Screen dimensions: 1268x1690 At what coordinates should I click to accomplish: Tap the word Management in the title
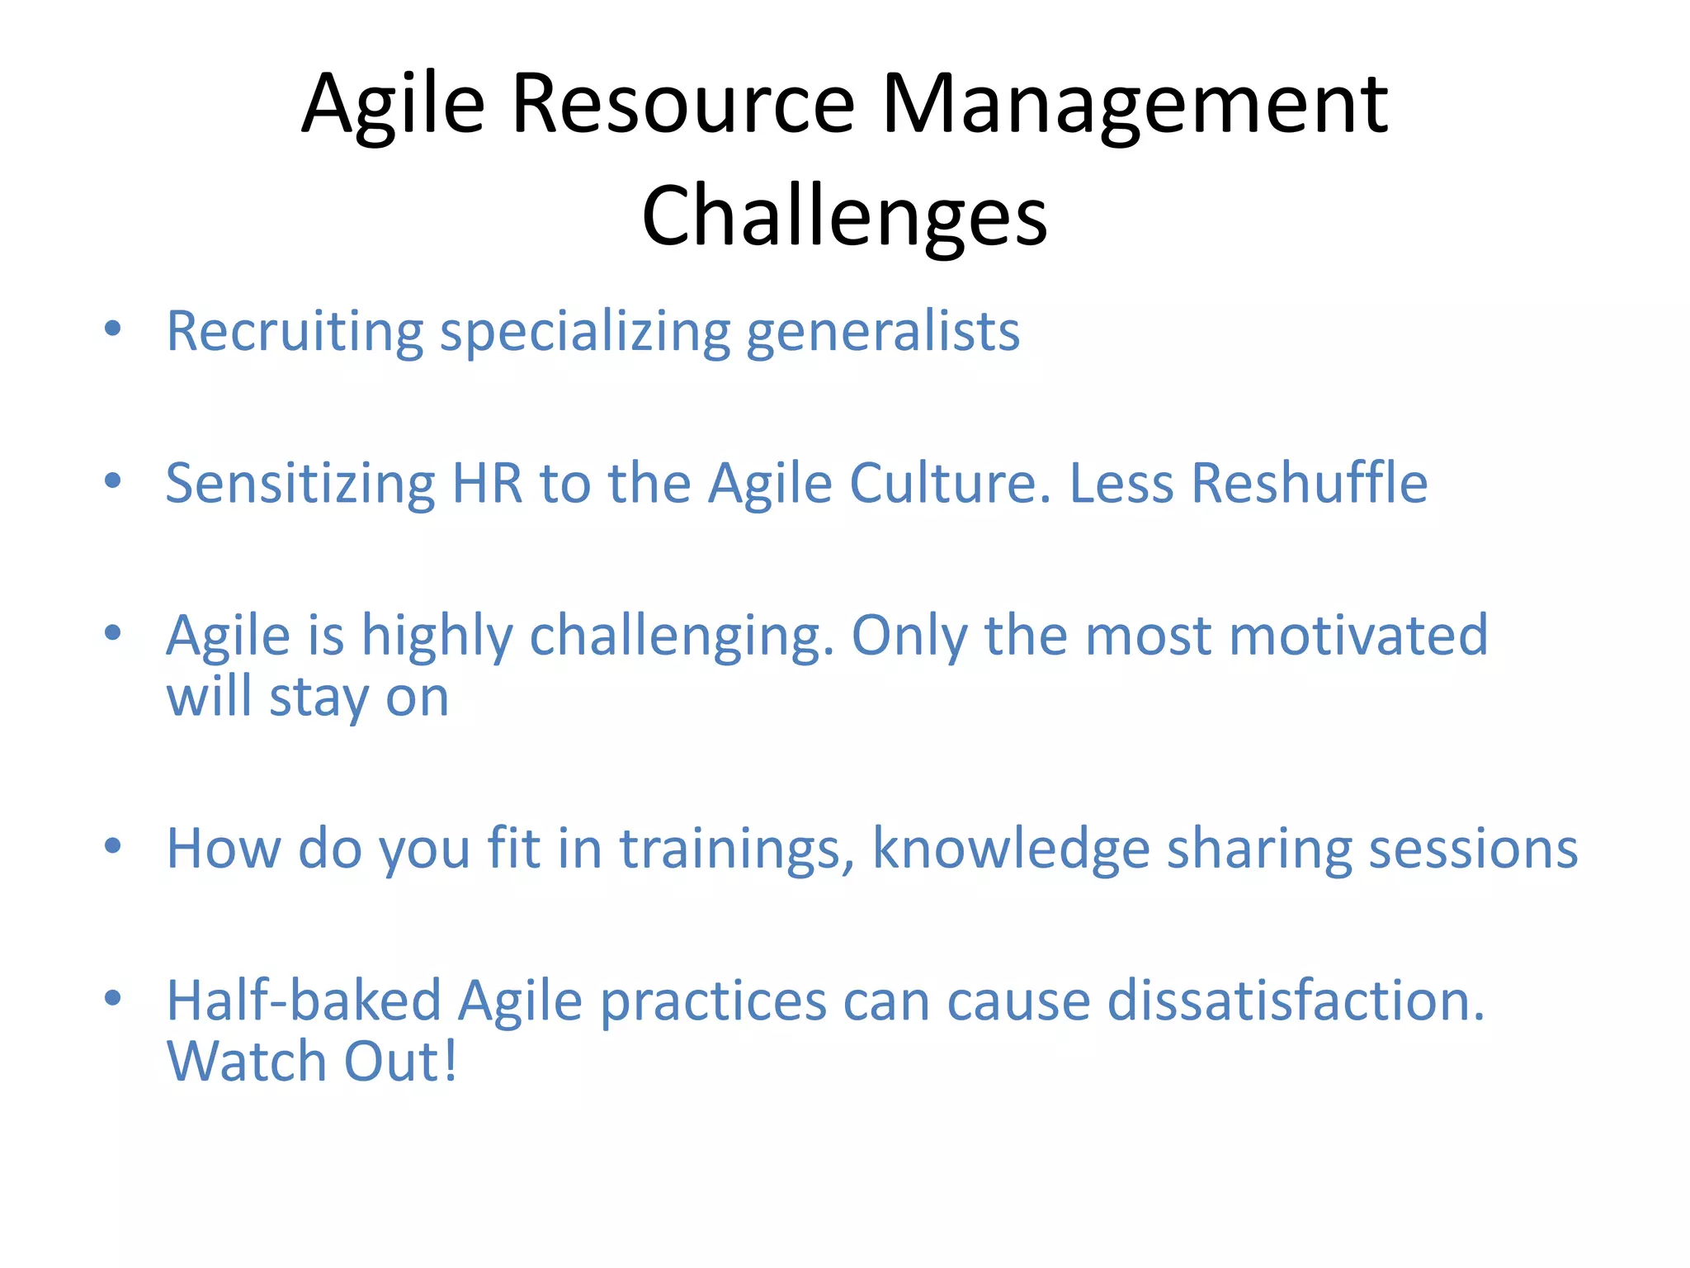click(1135, 105)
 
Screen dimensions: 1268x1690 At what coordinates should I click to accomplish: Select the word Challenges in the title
click(844, 216)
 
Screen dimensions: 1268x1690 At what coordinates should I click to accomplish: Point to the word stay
click(319, 698)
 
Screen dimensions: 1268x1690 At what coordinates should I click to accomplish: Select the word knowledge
click(1011, 849)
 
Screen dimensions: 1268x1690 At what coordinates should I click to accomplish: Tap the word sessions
click(1473, 849)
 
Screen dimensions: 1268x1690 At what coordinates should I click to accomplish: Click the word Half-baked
click(304, 1001)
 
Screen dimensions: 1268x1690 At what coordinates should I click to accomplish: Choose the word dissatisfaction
click(1296, 1001)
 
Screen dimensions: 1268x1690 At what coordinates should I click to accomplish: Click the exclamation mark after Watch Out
click(451, 1062)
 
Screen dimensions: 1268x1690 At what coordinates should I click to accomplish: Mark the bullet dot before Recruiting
click(113, 329)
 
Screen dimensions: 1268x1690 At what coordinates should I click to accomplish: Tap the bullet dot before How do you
click(113, 846)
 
